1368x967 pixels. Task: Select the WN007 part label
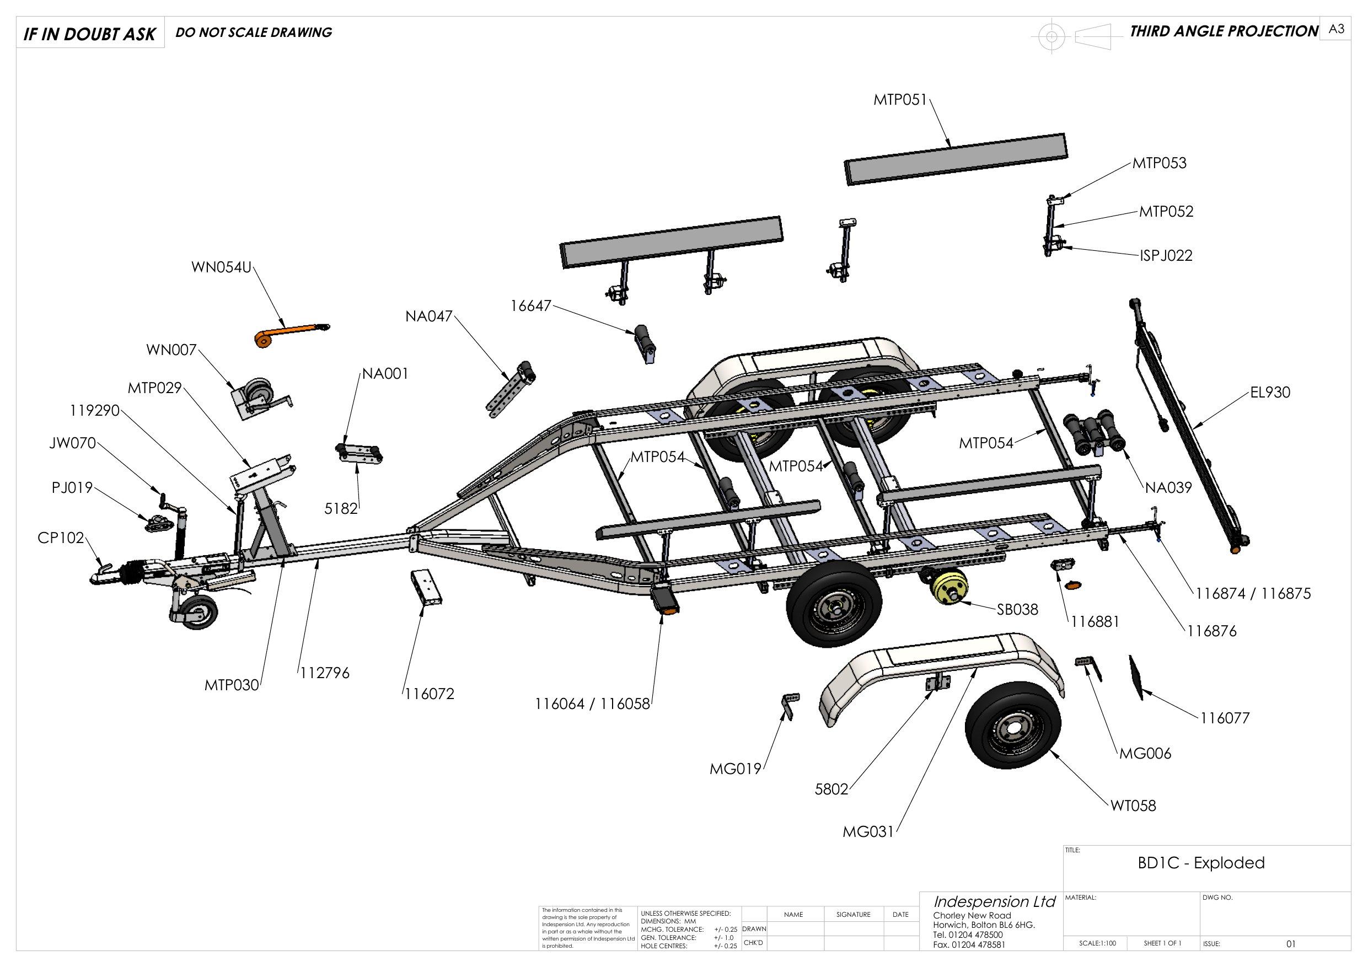pos(171,350)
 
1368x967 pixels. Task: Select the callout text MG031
pos(868,832)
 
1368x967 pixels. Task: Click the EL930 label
pos(1270,392)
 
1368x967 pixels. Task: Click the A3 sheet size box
pos(1337,29)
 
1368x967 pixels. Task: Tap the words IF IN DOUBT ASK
pos(89,34)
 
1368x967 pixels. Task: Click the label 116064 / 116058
pos(592,703)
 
